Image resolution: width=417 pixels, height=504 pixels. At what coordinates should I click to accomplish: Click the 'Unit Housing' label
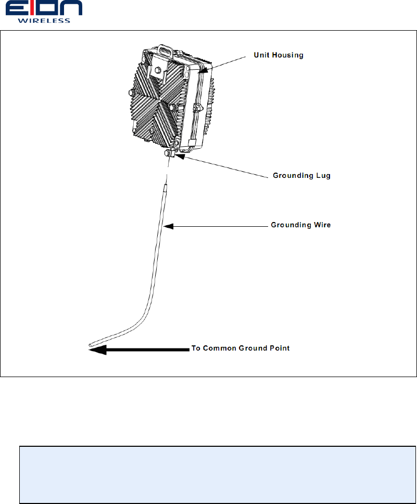[278, 55]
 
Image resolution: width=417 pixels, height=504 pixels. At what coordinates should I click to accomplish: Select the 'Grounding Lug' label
[301, 176]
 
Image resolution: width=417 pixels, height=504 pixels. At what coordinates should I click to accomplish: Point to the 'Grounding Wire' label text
[301, 225]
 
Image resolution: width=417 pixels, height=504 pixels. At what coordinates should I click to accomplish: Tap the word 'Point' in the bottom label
[279, 348]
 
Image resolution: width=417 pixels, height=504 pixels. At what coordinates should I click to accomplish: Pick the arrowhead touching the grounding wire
[167, 226]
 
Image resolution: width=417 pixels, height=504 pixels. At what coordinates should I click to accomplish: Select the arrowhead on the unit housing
[204, 69]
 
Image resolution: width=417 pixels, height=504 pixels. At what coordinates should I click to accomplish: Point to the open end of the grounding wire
[91, 344]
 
